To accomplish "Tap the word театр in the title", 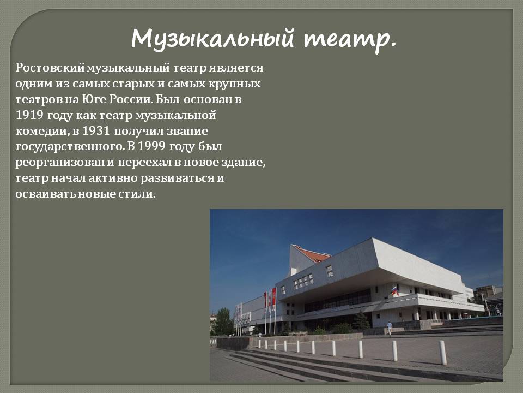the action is pos(350,40).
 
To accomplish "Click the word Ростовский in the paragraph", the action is pos(50,68).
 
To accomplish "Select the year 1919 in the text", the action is pos(29,115).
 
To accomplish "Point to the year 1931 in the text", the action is pos(96,130).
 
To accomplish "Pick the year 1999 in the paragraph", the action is pos(152,146).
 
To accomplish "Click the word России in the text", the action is pos(131,99).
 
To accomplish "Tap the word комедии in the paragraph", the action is pos(42,132).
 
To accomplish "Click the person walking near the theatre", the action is pos(389,329).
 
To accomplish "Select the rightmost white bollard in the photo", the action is pos(442,353).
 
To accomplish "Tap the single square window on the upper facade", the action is pos(330,271).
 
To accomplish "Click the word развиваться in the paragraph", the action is pos(177,178).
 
